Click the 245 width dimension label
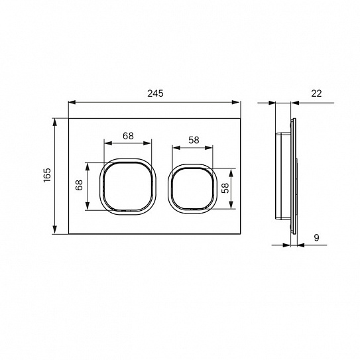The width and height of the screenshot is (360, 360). (155, 93)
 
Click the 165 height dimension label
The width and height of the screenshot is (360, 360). (47, 175)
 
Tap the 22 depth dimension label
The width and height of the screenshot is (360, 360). (316, 93)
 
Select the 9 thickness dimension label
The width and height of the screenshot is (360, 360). (317, 237)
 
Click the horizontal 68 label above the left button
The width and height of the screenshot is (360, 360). (128, 136)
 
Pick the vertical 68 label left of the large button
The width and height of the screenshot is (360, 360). (79, 185)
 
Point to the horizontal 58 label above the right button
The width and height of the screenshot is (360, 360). (194, 140)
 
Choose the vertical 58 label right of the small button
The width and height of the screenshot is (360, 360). (225, 188)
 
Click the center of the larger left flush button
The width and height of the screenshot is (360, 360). (128, 186)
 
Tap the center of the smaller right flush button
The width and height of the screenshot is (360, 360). (192, 189)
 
